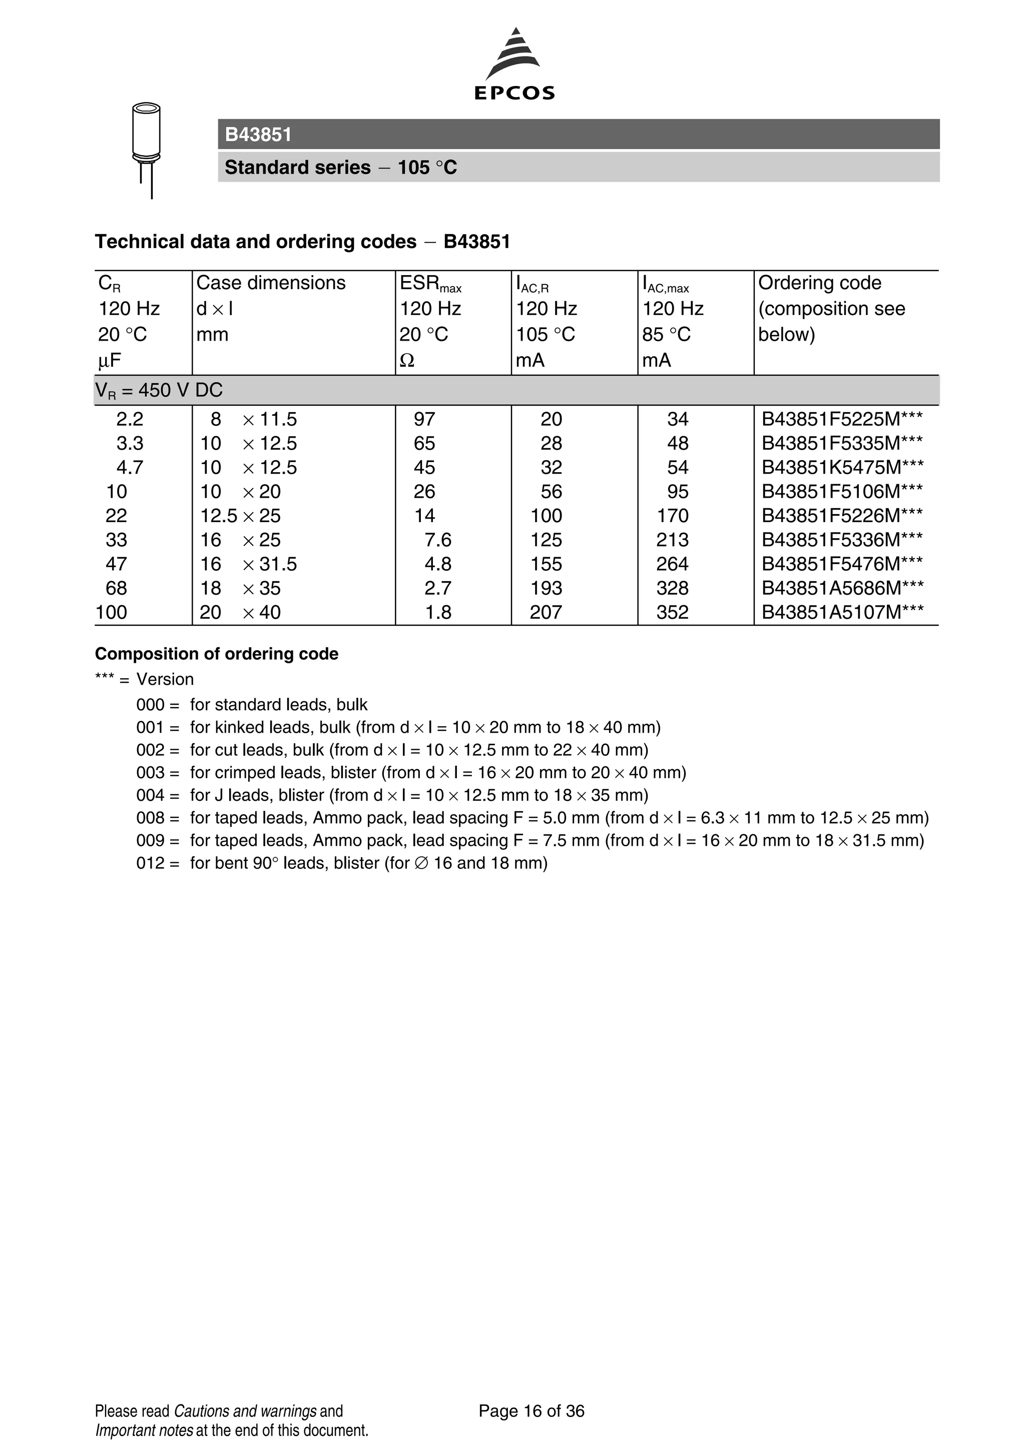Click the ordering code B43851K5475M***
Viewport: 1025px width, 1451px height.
pos(842,468)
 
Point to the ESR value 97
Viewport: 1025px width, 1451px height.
pos(424,420)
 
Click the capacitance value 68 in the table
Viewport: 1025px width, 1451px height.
pos(116,588)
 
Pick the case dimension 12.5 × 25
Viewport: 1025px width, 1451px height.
pos(240,516)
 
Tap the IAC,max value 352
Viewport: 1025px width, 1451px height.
pos(672,612)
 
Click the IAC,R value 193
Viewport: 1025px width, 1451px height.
pos(546,588)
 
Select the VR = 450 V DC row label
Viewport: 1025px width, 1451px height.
pos(159,391)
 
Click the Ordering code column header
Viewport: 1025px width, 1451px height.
pos(819,283)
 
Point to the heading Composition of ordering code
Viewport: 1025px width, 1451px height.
pos(216,654)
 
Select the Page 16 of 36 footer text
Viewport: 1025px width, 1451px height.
pos(531,1411)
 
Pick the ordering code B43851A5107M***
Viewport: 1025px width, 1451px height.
pos(842,612)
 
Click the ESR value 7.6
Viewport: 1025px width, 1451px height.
pos(437,540)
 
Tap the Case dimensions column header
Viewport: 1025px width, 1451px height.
pos(271,283)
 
